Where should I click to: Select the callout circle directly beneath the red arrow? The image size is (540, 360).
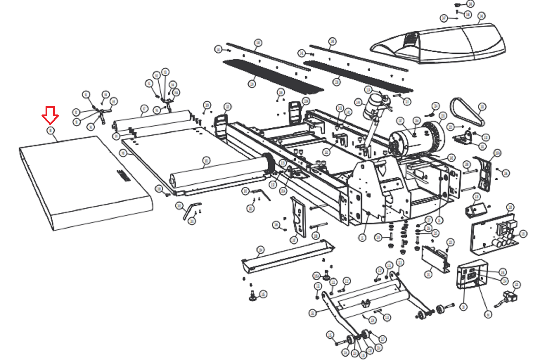pyautogui.click(x=51, y=130)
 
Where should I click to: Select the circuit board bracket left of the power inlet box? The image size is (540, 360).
pyautogui.click(x=435, y=258)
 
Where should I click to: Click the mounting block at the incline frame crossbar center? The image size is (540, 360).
pyautogui.click(x=366, y=303)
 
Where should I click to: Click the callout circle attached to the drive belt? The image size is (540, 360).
pyautogui.click(x=482, y=107)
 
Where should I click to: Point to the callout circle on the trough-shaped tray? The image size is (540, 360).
pyautogui.click(x=260, y=250)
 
